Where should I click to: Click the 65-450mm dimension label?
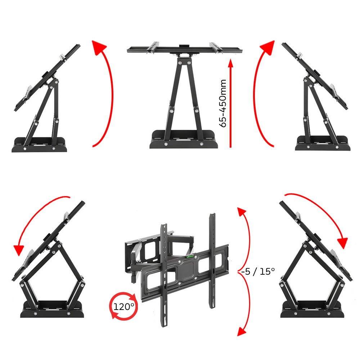(x=223, y=103)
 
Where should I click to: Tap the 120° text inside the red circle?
(x=124, y=306)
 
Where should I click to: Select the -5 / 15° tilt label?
(x=258, y=271)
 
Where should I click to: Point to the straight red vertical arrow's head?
(x=231, y=63)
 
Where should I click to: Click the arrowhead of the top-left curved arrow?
(x=99, y=47)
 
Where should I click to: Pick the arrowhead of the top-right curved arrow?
(x=268, y=47)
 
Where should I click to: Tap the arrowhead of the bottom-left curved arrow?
(x=19, y=250)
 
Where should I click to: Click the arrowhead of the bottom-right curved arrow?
(x=343, y=243)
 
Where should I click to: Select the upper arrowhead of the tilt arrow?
(x=241, y=211)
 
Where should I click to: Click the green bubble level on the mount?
(x=190, y=256)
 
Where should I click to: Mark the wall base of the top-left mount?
(x=39, y=145)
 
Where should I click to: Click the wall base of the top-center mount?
(x=184, y=140)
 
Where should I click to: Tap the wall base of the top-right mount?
(x=323, y=143)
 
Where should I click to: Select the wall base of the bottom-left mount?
(x=52, y=309)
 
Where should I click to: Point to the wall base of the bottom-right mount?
(x=312, y=309)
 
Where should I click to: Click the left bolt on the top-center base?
(x=166, y=144)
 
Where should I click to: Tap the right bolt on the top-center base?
(x=201, y=144)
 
